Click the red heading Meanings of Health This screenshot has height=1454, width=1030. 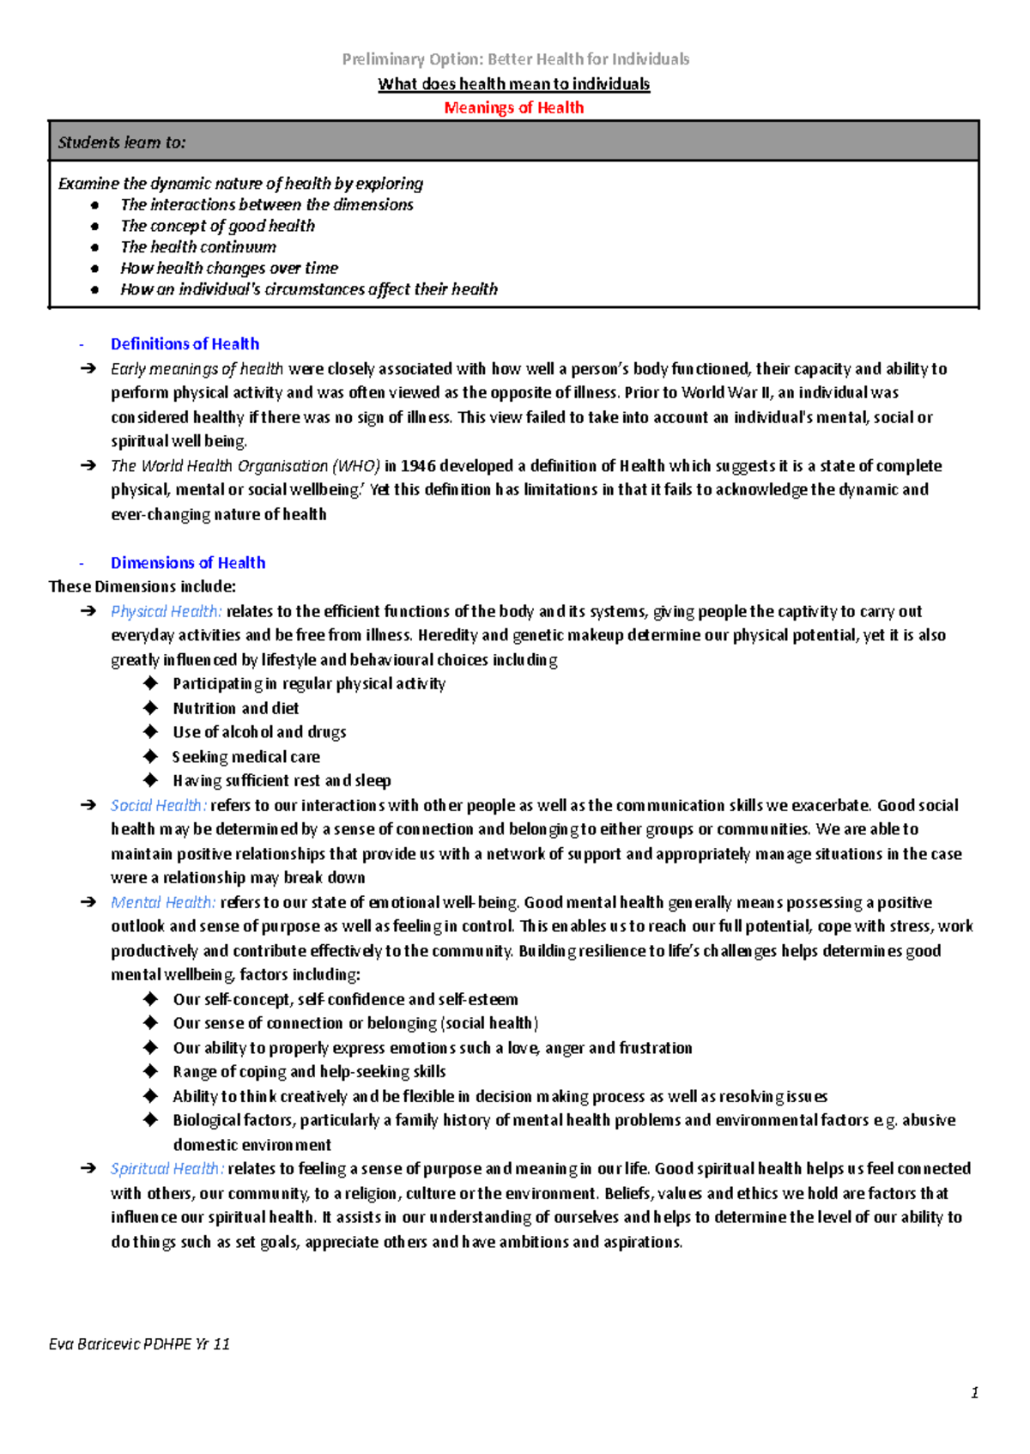point(513,107)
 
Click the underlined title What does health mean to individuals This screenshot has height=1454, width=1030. point(513,84)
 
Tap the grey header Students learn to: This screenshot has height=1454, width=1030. point(121,142)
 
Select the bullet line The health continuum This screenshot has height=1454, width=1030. point(198,247)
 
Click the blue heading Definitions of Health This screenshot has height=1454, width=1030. point(185,344)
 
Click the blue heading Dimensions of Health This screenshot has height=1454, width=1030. point(188,563)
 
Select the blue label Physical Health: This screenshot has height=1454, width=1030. point(166,612)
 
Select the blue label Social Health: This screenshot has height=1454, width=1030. point(158,806)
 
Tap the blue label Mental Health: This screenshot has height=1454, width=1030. point(163,903)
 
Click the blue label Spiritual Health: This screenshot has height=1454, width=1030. point(167,1169)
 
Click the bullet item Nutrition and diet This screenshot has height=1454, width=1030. point(235,709)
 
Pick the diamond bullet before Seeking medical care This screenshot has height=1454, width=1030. point(151,756)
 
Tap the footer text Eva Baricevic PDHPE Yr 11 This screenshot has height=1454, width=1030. point(139,1344)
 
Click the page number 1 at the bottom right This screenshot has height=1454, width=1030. point(974,1393)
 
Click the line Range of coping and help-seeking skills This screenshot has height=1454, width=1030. point(309,1072)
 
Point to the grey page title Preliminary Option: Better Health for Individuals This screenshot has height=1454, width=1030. point(515,59)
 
